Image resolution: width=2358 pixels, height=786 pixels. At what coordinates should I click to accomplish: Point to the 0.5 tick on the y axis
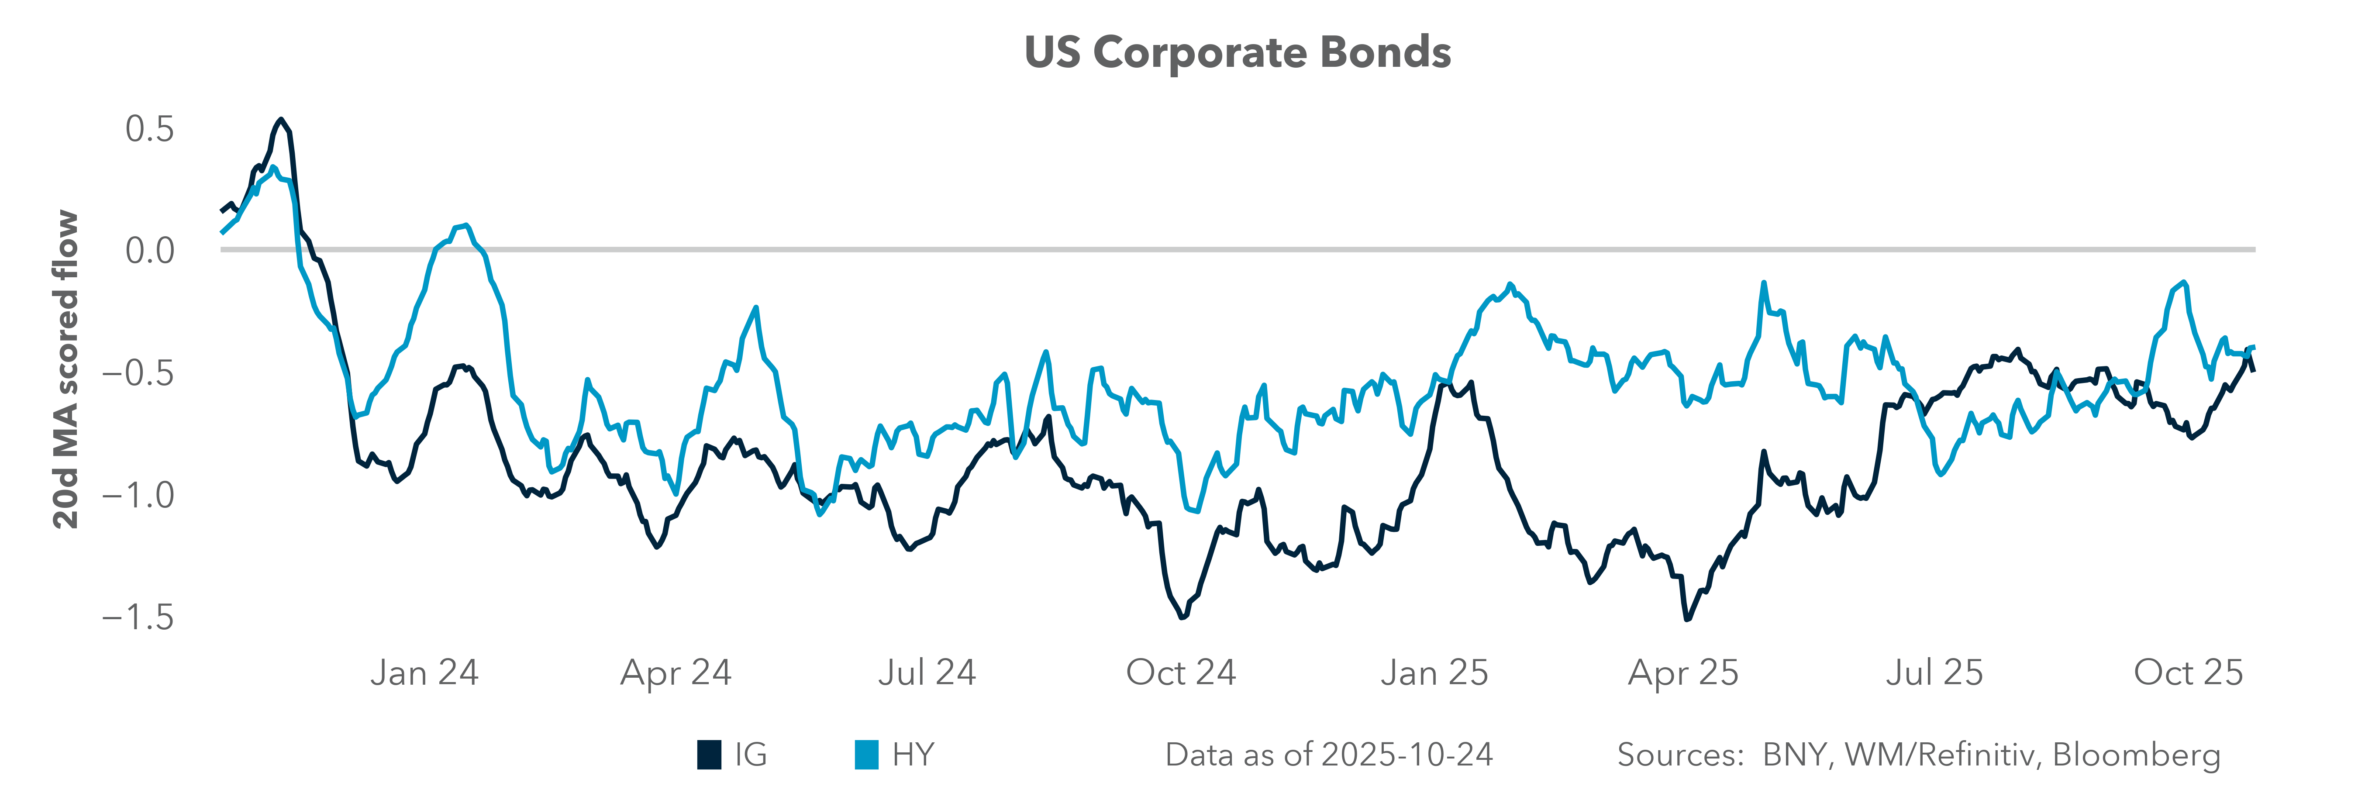point(149,129)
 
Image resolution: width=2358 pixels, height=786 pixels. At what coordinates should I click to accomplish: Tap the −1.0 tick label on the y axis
point(137,495)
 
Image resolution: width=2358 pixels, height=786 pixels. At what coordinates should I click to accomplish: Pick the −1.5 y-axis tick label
point(137,617)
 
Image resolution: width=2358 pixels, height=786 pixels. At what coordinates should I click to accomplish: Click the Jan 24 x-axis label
point(424,672)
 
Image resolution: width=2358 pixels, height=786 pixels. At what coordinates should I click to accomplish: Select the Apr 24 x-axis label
point(676,672)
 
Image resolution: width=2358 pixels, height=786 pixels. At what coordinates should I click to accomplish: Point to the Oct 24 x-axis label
point(1181,672)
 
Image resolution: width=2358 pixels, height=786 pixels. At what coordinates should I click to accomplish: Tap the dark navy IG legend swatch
point(709,755)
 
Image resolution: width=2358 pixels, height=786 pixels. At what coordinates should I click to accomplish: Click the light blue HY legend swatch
point(866,755)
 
